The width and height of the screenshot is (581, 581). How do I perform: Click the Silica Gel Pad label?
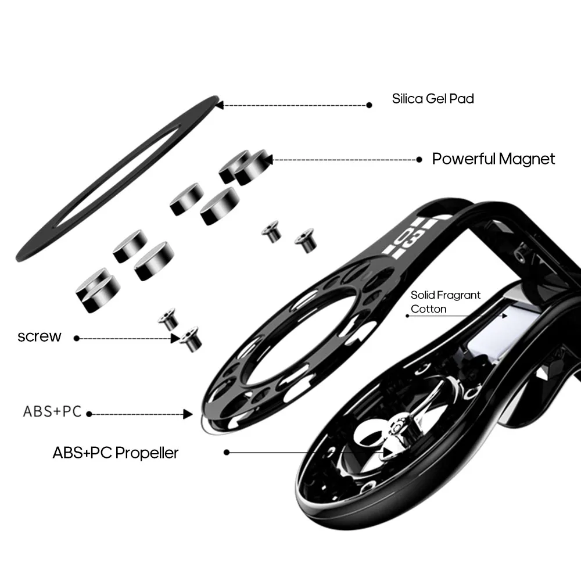click(433, 99)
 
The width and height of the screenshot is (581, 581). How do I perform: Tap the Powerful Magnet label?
click(493, 159)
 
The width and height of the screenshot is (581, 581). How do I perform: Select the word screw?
click(40, 336)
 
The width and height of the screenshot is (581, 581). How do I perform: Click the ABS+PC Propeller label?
click(115, 453)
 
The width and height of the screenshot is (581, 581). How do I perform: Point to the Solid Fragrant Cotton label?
click(446, 302)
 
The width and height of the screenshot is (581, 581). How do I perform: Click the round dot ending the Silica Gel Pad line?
click(369, 105)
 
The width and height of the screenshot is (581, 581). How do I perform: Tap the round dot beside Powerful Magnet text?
click(419, 160)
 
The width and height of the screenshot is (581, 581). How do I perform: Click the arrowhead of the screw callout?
click(175, 338)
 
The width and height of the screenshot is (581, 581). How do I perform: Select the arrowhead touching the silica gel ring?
click(220, 105)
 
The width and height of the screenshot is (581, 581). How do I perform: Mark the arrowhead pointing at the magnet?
click(269, 160)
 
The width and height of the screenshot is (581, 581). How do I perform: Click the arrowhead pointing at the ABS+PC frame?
click(188, 414)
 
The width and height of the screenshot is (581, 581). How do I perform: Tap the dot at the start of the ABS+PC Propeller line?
click(227, 453)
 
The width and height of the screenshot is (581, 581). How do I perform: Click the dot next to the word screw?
click(77, 338)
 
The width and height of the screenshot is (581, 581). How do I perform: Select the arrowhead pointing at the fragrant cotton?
click(505, 316)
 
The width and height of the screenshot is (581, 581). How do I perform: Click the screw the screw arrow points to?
click(191, 339)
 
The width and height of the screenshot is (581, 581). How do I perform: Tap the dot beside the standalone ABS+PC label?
click(89, 414)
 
